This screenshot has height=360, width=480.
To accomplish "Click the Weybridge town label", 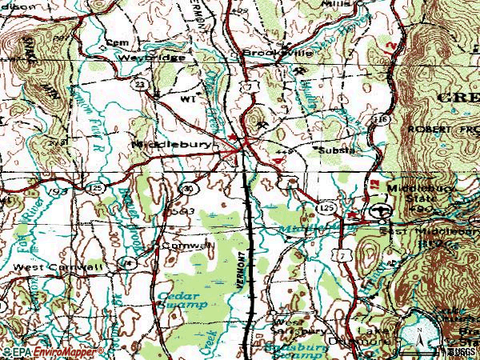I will point(153,58).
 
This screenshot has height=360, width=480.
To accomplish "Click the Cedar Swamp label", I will point(182,298).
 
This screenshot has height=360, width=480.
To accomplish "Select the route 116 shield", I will point(384,118).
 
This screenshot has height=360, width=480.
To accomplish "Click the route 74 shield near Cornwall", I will point(125,262).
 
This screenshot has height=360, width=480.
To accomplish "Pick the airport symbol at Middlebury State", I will point(381,210).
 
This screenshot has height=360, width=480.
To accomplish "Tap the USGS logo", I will point(462,352).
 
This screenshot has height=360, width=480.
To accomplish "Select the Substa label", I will point(336,150).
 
